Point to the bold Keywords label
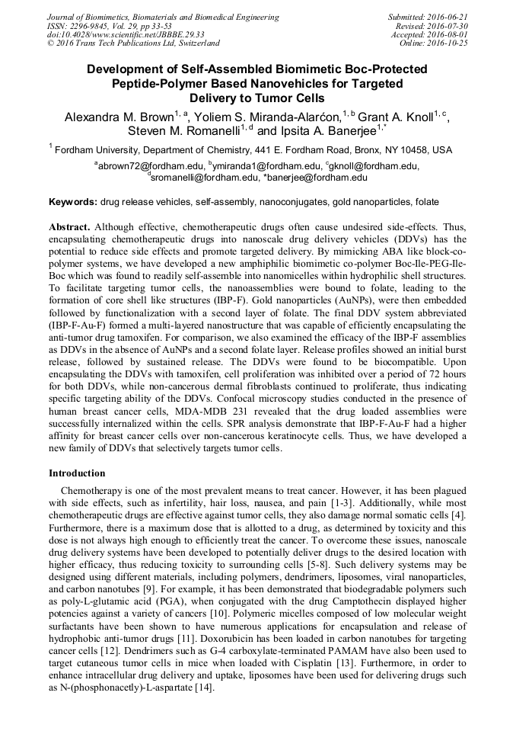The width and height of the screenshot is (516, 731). [72, 202]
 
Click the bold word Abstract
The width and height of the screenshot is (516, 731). [69, 228]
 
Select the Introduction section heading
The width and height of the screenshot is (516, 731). [77, 473]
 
